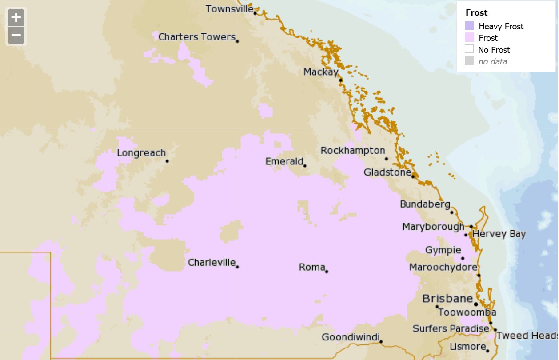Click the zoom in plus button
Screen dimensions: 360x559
(x=16, y=18)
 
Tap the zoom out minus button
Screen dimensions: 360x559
(x=16, y=35)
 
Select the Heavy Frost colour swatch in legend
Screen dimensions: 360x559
(x=469, y=26)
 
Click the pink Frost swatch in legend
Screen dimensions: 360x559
(x=469, y=38)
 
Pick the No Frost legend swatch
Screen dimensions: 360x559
(x=469, y=49)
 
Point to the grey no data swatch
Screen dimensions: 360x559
(x=469, y=61)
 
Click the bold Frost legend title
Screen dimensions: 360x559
(x=476, y=13)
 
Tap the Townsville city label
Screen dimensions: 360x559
(x=229, y=9)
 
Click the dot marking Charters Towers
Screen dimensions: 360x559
(x=237, y=41)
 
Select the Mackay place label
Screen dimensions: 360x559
(x=321, y=72)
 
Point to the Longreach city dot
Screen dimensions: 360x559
(x=167, y=161)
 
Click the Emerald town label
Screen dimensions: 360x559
(x=284, y=161)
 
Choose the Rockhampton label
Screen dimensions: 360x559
(x=353, y=151)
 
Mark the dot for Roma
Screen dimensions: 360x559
(x=327, y=271)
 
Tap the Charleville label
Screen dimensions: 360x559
(x=212, y=263)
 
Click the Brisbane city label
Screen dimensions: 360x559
(x=447, y=299)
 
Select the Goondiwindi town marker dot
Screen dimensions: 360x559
(x=381, y=342)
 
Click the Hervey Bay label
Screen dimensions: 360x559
(x=499, y=234)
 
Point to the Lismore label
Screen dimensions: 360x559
(x=467, y=346)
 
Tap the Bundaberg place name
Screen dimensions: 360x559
(x=425, y=204)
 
